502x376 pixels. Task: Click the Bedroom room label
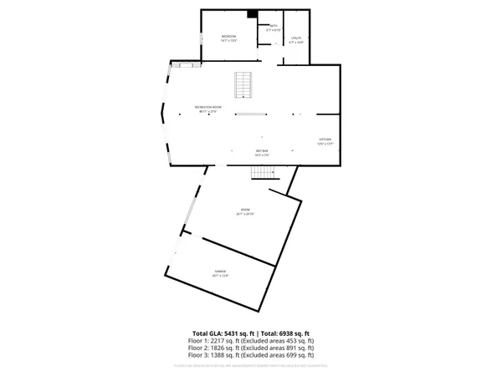tap(228, 36)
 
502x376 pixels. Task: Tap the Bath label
tap(274, 26)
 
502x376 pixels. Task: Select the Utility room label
tap(295, 38)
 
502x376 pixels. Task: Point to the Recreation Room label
tap(208, 107)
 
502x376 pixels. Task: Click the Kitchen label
tap(325, 139)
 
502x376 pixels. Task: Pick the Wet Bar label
tap(262, 151)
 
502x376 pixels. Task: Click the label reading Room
tap(245, 210)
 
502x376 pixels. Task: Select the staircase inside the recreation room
tap(243, 84)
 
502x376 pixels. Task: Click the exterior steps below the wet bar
tap(264, 172)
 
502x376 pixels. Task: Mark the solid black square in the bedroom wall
tap(252, 13)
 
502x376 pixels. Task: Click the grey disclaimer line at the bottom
tap(251, 365)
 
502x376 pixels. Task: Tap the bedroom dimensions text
tap(228, 40)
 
